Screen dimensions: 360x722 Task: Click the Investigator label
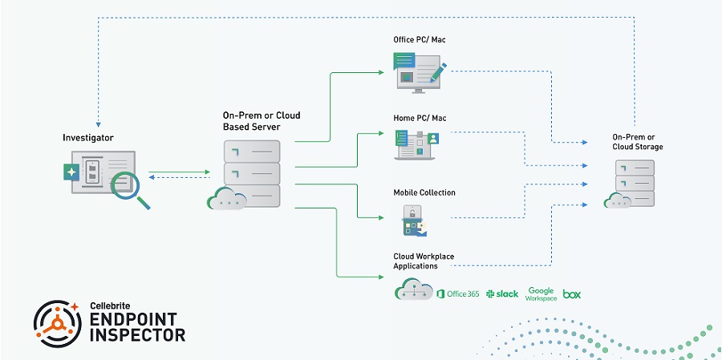pyautogui.click(x=87, y=138)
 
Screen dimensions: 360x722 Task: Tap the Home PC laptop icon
pyautogui.click(x=416, y=145)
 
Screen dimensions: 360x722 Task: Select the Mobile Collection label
pyautogui.click(x=424, y=192)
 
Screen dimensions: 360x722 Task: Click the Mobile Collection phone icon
pyautogui.click(x=412, y=220)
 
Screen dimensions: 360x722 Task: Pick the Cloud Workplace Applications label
pyautogui.click(x=423, y=261)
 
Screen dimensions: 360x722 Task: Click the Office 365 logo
pyautogui.click(x=458, y=293)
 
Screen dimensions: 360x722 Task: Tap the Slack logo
pyautogui.click(x=502, y=293)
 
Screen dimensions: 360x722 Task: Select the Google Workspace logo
pyautogui.click(x=541, y=293)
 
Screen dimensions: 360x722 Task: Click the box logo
pyautogui.click(x=572, y=294)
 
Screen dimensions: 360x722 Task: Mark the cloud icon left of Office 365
pyautogui.click(x=413, y=290)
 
